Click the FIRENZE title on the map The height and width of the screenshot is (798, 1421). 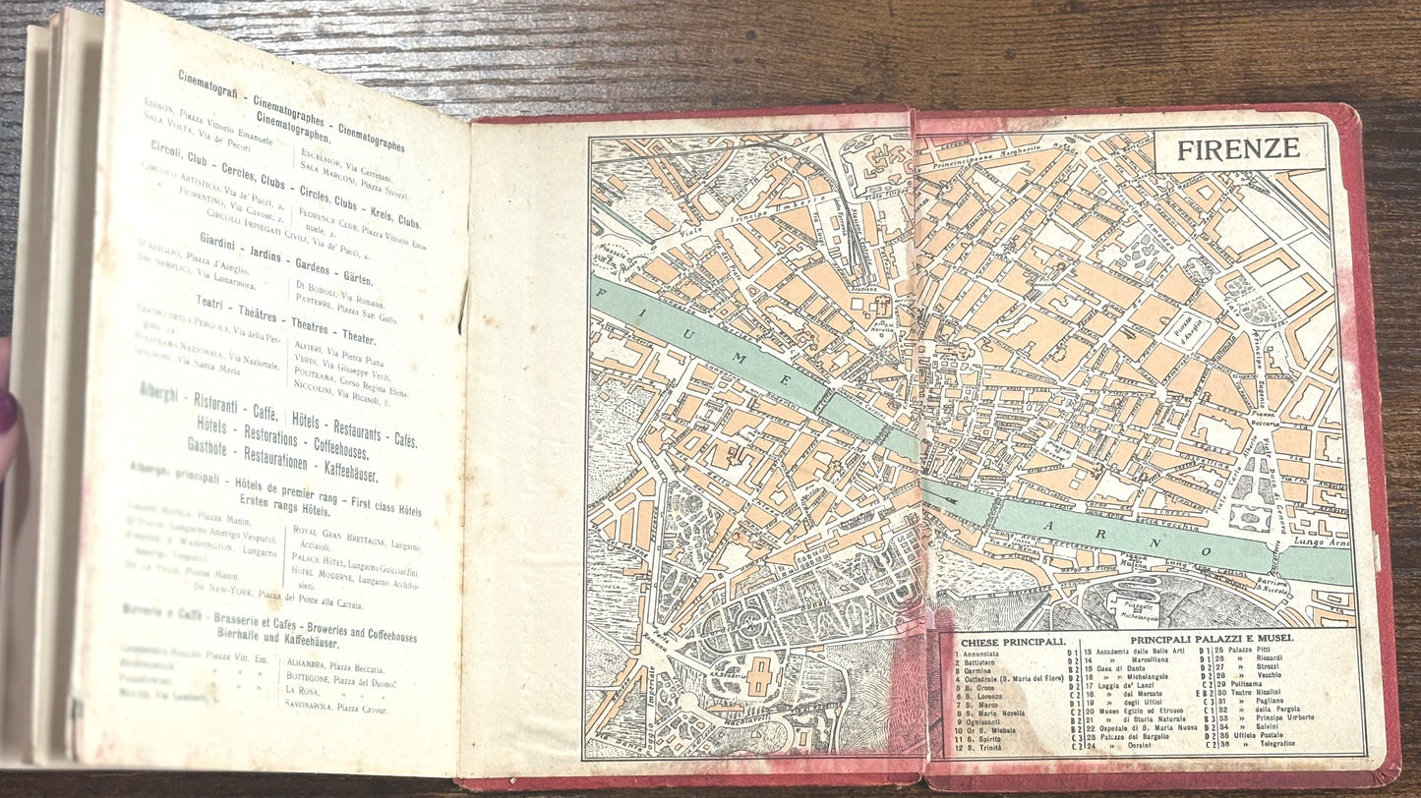(1238, 149)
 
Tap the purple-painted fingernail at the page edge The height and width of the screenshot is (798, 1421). (6, 412)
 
